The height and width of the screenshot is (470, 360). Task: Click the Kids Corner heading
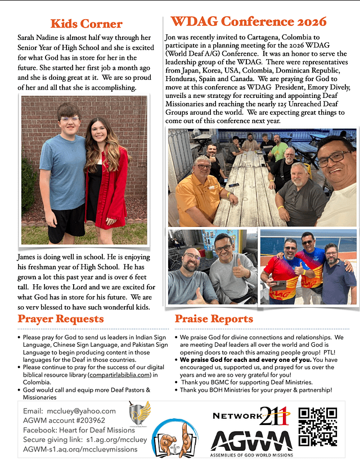pos(86,24)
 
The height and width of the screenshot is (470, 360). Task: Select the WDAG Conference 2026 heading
pos(248,22)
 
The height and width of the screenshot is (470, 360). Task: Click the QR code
pos(318,426)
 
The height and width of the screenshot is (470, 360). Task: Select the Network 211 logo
pos(251,416)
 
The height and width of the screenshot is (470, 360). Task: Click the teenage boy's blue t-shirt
pos(63,172)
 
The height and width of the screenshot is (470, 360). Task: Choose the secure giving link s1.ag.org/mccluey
pos(118,440)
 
